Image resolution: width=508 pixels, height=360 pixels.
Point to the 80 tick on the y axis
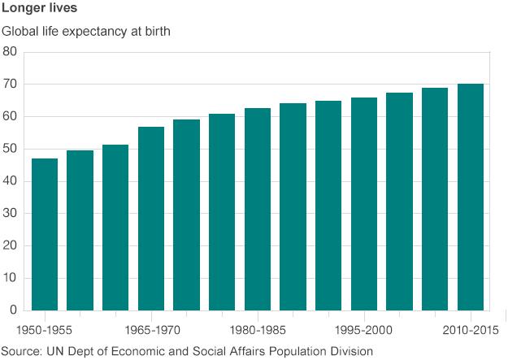point(10,51)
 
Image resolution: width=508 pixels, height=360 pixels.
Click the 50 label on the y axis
point(10,149)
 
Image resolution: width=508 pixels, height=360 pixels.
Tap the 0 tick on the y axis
point(13,310)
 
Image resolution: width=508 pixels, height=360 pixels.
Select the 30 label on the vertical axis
point(10,213)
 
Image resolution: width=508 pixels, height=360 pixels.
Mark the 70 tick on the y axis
point(10,84)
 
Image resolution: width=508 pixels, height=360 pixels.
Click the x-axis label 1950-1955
point(44,331)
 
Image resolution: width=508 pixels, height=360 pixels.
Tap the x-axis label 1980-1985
point(257,331)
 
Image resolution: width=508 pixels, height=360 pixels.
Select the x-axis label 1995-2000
point(363,331)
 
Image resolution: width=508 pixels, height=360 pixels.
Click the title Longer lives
point(40,11)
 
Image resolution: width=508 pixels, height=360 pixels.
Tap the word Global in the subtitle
point(21,33)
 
